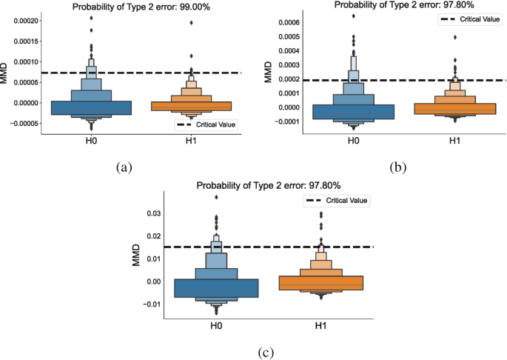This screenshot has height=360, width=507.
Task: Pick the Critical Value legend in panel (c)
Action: [x=337, y=200]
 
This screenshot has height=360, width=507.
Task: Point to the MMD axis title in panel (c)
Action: [x=137, y=257]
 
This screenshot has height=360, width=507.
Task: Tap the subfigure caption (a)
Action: [x=123, y=167]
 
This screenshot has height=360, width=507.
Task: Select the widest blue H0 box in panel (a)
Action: [x=91, y=108]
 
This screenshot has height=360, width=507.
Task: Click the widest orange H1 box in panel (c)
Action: [x=320, y=283]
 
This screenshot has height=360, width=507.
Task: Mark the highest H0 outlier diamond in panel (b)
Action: [x=353, y=16]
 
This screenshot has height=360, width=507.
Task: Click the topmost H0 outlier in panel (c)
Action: [x=216, y=196]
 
